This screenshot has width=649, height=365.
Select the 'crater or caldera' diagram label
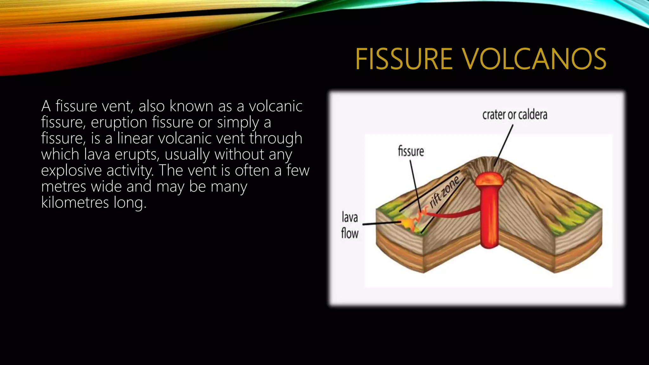[x=515, y=115]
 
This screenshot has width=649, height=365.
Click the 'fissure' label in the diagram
[x=411, y=151]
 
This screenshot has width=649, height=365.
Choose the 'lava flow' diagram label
[x=350, y=225]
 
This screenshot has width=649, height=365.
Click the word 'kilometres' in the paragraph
[x=75, y=202]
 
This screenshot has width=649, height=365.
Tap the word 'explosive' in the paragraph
[x=71, y=170]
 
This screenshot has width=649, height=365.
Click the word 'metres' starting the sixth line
[x=63, y=187]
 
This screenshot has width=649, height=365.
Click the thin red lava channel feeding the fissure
[x=453, y=215]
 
